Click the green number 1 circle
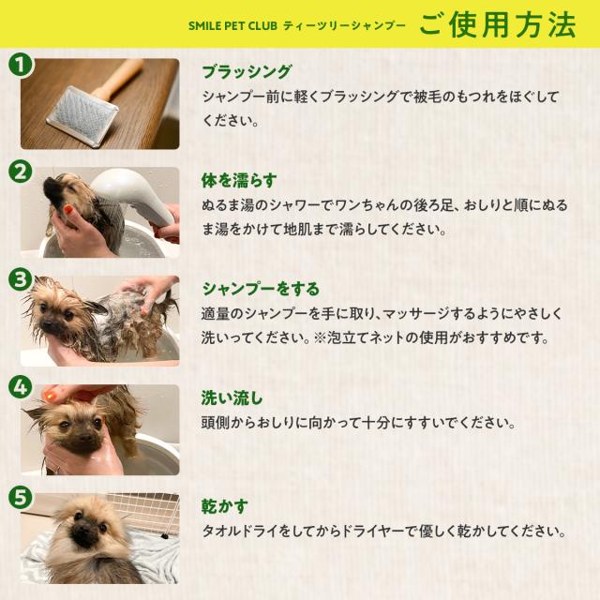tap(21, 64)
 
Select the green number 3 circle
tap(21, 279)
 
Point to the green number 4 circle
tap(21, 388)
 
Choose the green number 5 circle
tap(21, 497)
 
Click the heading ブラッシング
tap(247, 72)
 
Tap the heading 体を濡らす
tap(239, 181)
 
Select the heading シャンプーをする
tap(261, 290)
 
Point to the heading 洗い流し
tap(232, 398)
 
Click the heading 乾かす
tap(225, 506)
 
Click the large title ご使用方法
tap(498, 25)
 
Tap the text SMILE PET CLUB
tap(232, 26)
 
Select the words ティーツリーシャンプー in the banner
tap(344, 26)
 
